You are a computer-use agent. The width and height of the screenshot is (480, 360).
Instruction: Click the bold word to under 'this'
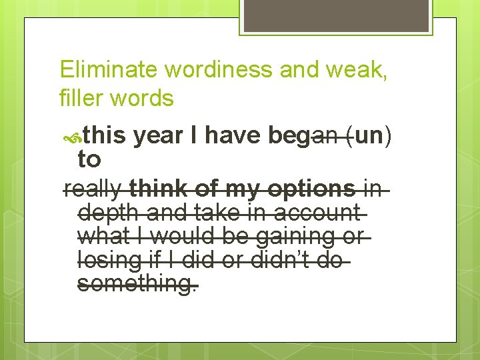[x=89, y=159]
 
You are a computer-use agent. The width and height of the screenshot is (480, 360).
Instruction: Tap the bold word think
[x=159, y=189]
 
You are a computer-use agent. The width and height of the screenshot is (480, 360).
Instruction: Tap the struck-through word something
[x=137, y=284]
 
